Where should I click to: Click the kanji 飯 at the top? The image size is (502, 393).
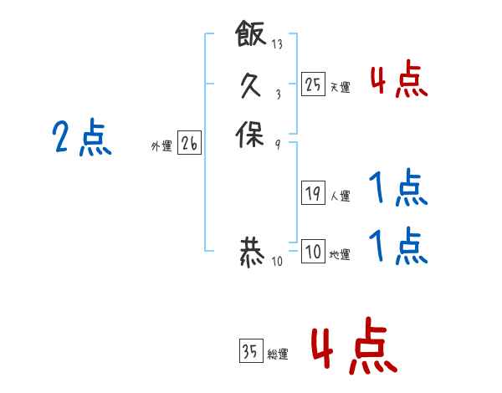tap(251, 36)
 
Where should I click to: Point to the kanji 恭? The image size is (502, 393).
tap(251, 253)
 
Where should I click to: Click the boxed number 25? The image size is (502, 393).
tap(313, 83)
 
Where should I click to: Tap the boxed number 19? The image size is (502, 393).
tap(313, 193)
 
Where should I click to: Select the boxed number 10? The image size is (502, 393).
tap(313, 252)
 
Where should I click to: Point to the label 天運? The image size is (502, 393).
tap(340, 86)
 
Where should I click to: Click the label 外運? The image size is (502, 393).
tap(161, 146)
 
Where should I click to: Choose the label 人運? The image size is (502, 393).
tap(340, 196)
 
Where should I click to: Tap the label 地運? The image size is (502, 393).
tap(340, 255)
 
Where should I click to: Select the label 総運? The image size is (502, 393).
tap(278, 355)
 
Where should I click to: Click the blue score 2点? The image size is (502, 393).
tap(81, 138)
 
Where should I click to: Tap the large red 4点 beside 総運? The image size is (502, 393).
tap(353, 347)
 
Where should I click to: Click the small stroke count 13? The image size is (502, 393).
tap(277, 44)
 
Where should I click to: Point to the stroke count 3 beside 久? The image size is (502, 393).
tap(277, 94)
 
